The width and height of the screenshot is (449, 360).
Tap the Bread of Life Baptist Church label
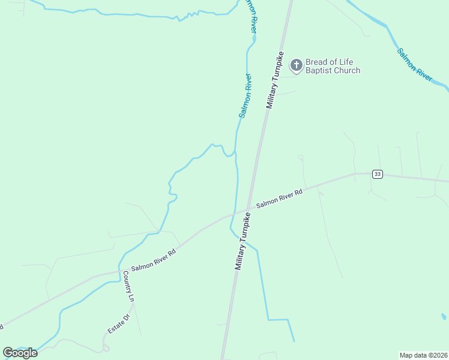[x=333, y=66]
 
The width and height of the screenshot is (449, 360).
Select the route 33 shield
[x=377, y=174]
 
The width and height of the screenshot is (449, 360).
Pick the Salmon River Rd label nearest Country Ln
[x=153, y=259]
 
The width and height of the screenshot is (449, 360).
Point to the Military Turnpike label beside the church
[x=275, y=80]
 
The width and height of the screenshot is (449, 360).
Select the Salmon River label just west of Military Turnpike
[x=246, y=95]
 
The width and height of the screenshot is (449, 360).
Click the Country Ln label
[x=127, y=286]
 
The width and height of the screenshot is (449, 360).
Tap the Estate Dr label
[x=119, y=325]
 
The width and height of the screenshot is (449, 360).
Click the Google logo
[x=20, y=353]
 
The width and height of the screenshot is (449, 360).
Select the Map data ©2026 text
[x=424, y=355]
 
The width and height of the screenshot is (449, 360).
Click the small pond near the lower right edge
[x=444, y=316]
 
